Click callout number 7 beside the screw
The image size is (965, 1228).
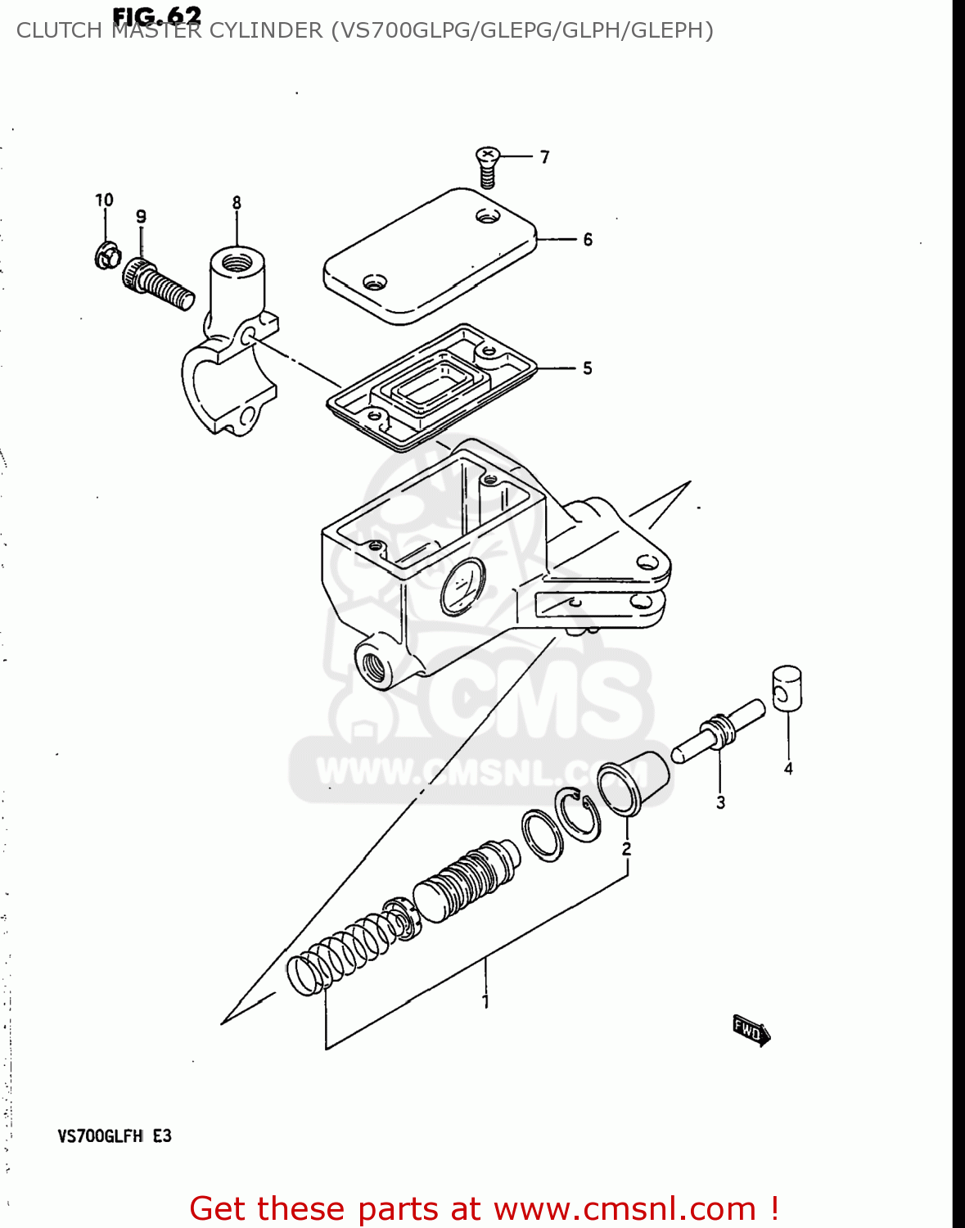coord(544,156)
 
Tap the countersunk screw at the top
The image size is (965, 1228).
coord(488,166)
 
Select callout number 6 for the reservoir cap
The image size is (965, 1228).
coord(588,239)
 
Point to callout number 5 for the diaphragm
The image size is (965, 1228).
coord(588,368)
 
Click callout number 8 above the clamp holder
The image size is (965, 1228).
coord(237,202)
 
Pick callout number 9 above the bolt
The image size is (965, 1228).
coord(141,216)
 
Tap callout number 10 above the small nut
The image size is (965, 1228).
coord(104,200)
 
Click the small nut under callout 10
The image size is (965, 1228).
coord(105,255)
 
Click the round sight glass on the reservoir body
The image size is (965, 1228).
coord(462,586)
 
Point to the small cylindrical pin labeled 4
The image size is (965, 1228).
coord(787,688)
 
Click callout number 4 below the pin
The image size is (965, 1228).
coord(788,768)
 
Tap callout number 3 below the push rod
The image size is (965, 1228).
coord(720,802)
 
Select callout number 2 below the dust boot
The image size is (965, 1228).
coord(626,848)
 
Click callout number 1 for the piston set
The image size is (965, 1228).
coord(485,1000)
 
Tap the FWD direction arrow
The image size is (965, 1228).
coord(751,1030)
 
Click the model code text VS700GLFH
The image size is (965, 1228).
coord(100,1135)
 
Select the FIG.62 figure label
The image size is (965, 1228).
coord(156,16)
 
